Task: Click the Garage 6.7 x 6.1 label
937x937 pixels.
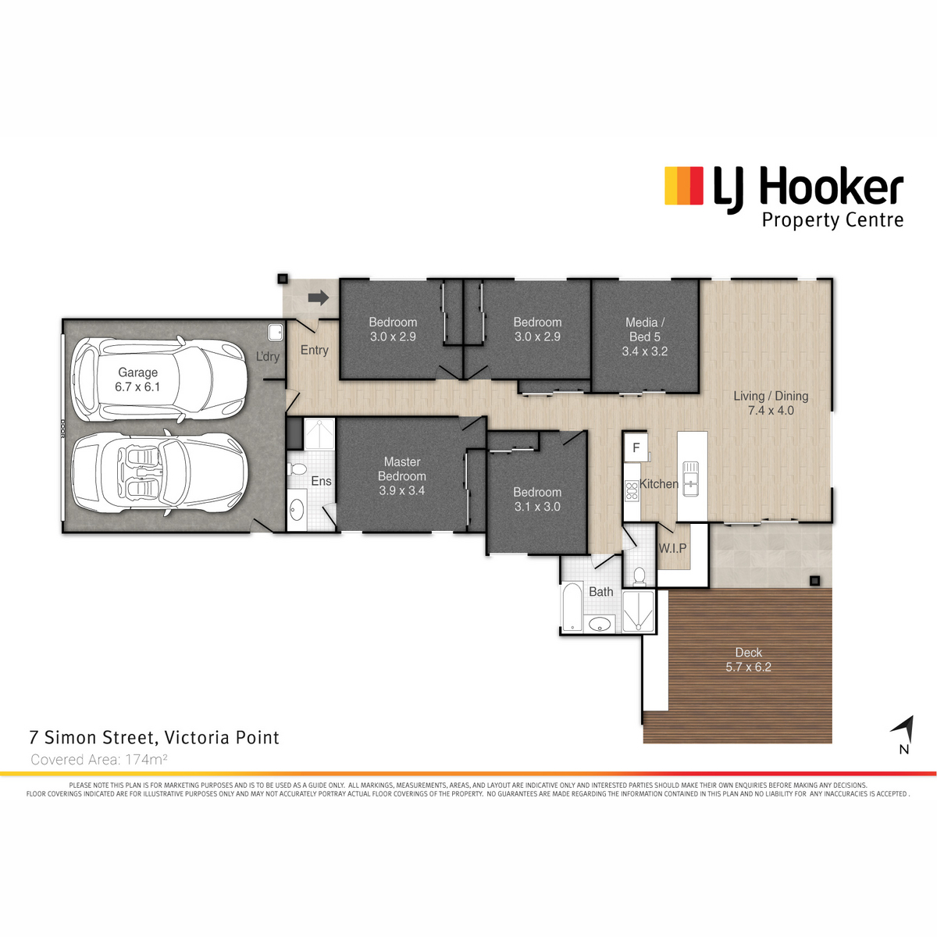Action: point(137,379)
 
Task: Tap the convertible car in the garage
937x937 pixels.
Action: point(160,472)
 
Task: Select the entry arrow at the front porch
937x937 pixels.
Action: point(319,297)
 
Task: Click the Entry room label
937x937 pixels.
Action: point(314,350)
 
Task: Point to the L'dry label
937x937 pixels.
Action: point(268,356)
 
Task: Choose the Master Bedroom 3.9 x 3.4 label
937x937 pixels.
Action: point(402,476)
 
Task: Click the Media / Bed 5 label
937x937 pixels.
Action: point(645,337)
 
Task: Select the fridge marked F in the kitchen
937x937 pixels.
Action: point(636,447)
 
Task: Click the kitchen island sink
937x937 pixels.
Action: point(690,479)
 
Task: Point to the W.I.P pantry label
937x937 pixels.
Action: point(672,548)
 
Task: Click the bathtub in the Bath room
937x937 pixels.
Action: point(572,607)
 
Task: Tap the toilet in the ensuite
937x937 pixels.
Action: point(297,469)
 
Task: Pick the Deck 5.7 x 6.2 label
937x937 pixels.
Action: point(748,660)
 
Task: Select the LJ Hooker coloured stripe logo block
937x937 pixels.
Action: point(684,185)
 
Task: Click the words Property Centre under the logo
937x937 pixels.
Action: point(832,220)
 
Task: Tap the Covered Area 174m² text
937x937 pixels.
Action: point(98,760)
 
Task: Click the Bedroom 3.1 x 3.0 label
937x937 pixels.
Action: point(537,500)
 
